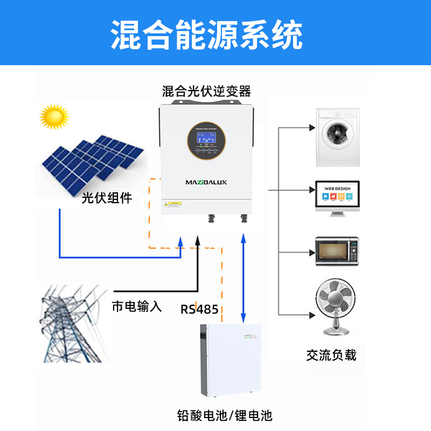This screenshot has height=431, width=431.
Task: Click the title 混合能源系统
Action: coord(207,35)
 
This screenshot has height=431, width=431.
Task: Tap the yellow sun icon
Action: coord(54,116)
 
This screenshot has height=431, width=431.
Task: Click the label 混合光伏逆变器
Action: coord(207,90)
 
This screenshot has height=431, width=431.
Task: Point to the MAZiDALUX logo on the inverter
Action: coord(206,183)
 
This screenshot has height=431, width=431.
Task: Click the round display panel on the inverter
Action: coord(206,138)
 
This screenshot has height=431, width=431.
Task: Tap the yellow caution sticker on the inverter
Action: coord(173,204)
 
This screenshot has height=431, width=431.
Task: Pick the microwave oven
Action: coord(337,251)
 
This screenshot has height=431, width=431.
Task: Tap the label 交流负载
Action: coord(331,355)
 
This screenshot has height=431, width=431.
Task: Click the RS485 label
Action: coord(199,309)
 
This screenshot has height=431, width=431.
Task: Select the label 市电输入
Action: coord(137,307)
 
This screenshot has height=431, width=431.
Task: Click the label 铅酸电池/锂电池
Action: coord(225,415)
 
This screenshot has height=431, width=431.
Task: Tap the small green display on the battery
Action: coord(248,338)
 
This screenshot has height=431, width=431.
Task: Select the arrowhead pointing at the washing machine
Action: coord(312,128)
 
